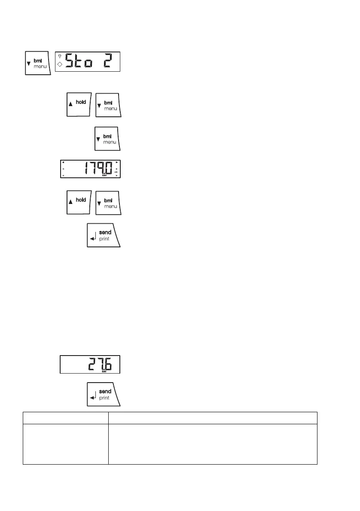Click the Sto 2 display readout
(88, 62)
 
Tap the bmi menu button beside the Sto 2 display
(38, 63)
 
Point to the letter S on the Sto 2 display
(70, 62)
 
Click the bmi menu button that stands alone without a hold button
(107, 138)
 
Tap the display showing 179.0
(90, 169)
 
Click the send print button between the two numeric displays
(104, 235)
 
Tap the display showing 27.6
(90, 365)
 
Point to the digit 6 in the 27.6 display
(110, 364)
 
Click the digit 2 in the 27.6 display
(92, 364)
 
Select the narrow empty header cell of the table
(65, 418)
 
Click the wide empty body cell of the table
(213, 444)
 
